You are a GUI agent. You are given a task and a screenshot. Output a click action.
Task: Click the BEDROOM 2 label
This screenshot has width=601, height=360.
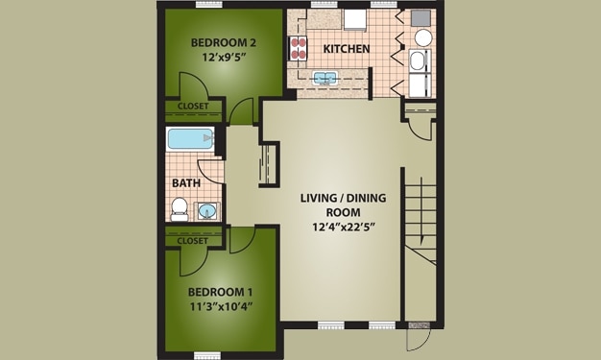tap(223, 42)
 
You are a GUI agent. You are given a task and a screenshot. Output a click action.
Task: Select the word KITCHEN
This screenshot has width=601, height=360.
tap(346, 49)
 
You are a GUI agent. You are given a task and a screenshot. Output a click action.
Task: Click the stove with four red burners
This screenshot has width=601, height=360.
tap(297, 48)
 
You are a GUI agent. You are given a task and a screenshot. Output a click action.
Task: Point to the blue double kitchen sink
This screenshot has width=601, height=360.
tap(324, 78)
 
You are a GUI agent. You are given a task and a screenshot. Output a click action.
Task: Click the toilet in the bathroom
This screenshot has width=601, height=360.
tap(179, 206)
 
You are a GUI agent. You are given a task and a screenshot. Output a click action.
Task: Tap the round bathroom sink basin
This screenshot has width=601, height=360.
tap(206, 210)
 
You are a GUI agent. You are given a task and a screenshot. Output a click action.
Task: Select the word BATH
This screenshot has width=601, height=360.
tap(185, 182)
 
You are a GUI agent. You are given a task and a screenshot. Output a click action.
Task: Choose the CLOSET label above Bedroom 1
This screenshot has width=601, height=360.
tap(192, 241)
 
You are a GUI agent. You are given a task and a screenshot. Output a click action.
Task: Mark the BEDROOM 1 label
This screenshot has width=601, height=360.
tap(220, 292)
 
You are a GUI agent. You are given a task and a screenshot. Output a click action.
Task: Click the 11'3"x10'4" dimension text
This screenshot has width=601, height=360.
tap(220, 308)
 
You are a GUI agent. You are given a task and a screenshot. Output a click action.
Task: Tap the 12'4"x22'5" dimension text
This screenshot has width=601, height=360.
tap(341, 228)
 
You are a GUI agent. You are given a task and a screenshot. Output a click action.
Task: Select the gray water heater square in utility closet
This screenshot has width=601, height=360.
tap(421, 17)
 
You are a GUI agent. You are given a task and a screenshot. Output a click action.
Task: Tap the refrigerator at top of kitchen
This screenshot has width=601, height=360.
tap(355, 19)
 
